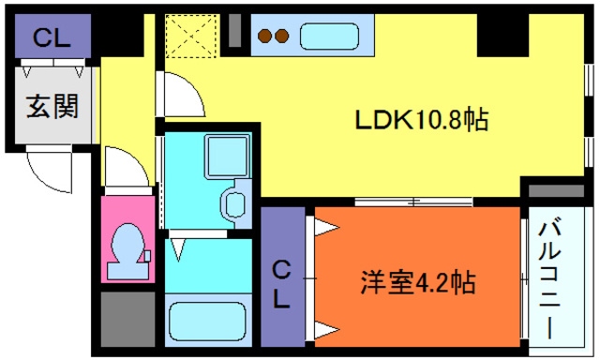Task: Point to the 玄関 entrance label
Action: point(51,106)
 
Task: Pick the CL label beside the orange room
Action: point(281,285)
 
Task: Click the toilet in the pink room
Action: point(127,252)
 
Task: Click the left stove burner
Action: point(265,37)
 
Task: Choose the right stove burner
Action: point(280,37)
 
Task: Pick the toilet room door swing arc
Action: point(122,169)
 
